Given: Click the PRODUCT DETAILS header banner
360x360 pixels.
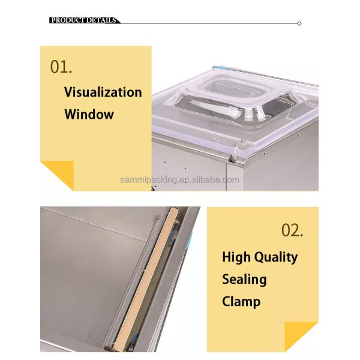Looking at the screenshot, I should [x=84, y=20].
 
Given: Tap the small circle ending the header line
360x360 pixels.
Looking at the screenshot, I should [x=299, y=23].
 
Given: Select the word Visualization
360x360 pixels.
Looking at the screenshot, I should [x=103, y=92].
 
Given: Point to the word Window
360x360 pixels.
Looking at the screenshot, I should [x=89, y=114].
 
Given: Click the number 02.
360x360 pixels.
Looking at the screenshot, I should [x=292, y=230].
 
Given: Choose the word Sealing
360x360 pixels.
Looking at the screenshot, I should [x=244, y=279].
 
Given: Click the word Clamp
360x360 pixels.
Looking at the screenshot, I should [x=241, y=301].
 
